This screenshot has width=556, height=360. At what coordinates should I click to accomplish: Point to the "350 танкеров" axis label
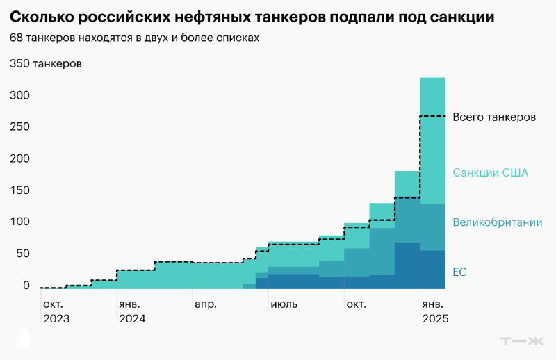point(46,64)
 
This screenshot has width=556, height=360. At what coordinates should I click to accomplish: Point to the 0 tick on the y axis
point(26,285)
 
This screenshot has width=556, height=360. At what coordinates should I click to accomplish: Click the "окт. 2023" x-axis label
point(56,311)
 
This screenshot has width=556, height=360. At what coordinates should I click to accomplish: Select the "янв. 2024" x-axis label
point(132,311)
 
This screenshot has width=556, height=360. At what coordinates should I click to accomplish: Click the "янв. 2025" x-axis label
point(434,311)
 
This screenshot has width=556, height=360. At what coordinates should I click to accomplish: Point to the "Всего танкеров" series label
point(493,117)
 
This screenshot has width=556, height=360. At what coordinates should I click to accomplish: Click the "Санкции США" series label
point(490,172)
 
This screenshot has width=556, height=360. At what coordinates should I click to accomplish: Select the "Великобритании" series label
point(497,222)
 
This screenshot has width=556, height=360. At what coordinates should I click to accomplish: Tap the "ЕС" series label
point(459,272)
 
